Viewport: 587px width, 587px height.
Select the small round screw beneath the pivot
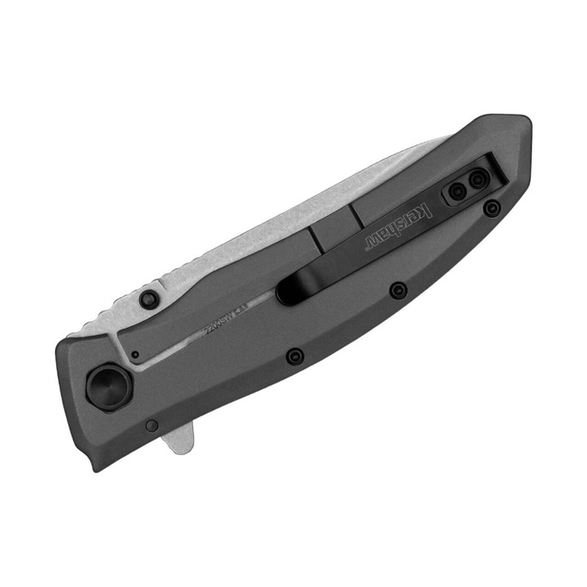152,425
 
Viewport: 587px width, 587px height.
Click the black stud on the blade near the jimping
149,298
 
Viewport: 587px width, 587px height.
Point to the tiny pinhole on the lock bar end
135,355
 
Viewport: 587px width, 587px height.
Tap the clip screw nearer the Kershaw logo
458,191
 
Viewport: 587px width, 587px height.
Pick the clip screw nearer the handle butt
477,183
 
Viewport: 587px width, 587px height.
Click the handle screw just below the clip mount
491,210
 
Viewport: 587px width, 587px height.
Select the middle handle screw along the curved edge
397,290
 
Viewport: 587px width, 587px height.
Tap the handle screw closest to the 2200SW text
293,356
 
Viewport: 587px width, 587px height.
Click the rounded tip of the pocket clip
287,291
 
